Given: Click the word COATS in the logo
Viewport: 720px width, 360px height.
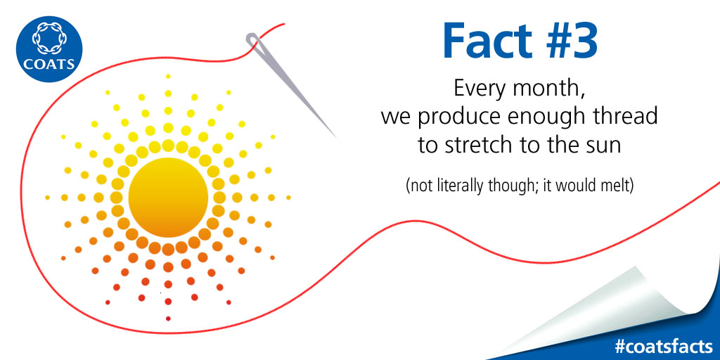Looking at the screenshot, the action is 49,63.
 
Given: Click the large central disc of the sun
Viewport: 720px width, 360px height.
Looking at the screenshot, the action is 168,198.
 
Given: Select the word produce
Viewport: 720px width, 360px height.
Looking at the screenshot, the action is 454,117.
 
